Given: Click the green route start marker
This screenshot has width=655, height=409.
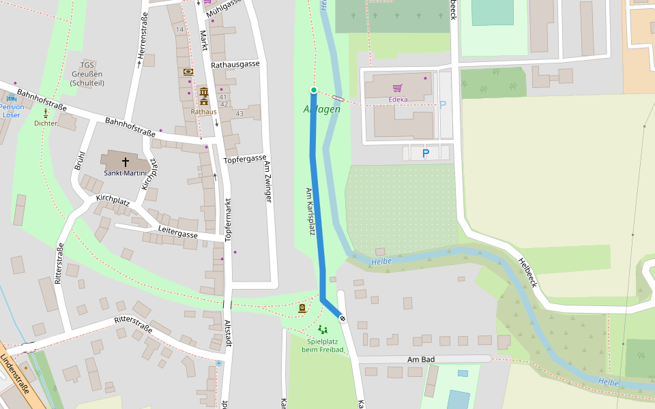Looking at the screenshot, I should tap(314, 90).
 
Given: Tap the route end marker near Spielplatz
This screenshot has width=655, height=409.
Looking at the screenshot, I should tap(343, 318).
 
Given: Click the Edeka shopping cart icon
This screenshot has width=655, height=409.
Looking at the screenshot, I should tap(397, 88).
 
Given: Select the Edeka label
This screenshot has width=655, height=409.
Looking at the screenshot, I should tap(398, 100).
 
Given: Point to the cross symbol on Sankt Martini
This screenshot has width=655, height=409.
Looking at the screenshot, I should tap(126, 162).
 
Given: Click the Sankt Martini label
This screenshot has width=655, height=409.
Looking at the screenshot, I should tap(126, 173).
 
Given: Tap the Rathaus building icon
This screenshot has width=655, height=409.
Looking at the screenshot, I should tap(203, 92).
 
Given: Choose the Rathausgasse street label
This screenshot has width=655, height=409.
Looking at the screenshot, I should tap(235, 64).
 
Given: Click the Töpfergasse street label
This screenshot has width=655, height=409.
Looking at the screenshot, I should tap(244, 159).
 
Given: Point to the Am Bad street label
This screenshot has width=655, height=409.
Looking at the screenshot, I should tap(421, 359).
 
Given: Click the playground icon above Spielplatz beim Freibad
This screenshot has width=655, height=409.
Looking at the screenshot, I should tap(322, 330).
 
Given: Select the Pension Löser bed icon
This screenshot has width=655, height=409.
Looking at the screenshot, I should tap(11, 99).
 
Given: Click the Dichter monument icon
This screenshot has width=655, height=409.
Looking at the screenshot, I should tap(46, 113).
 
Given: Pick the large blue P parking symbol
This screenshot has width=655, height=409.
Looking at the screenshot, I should tap(426, 153).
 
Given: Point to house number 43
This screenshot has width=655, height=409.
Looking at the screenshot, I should tap(239, 113).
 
